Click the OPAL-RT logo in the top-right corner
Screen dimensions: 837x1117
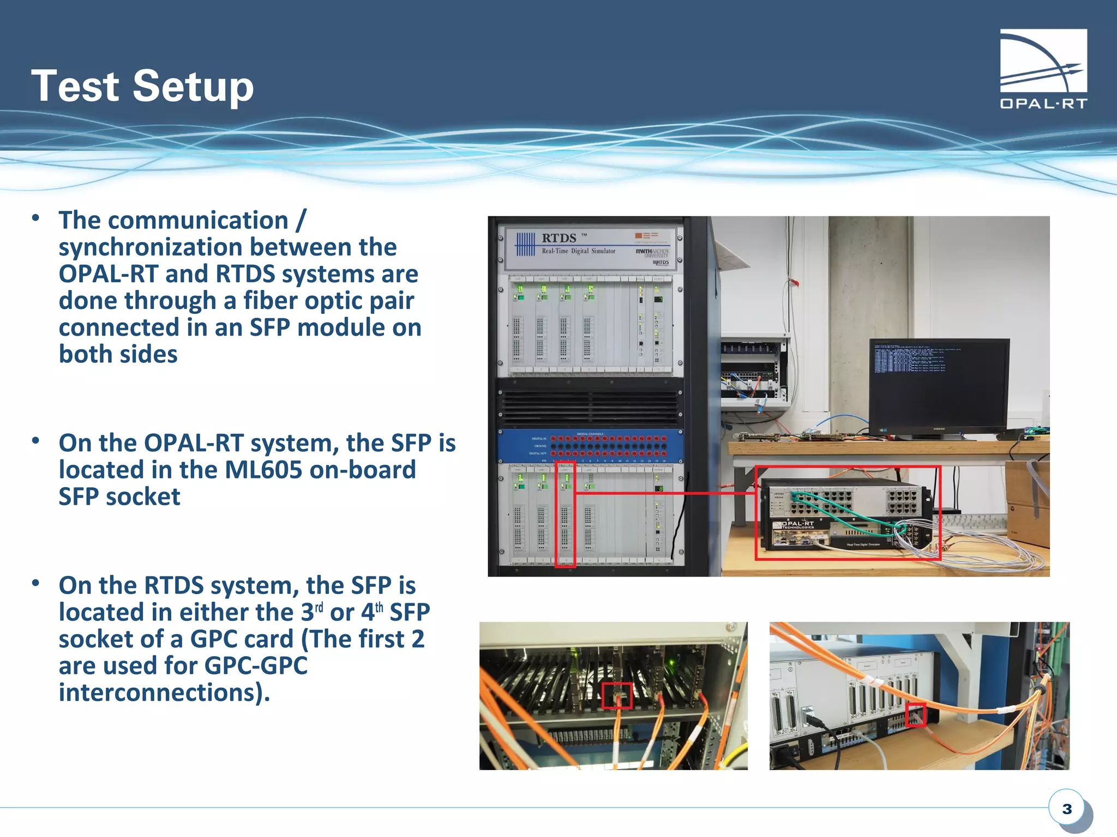(1043, 69)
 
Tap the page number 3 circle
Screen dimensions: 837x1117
(1067, 809)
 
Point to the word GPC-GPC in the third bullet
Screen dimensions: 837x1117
(256, 666)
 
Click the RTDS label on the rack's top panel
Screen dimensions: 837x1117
(559, 238)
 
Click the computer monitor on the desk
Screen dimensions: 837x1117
(938, 384)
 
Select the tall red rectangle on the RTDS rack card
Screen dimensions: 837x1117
(566, 514)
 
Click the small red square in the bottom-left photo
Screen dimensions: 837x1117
(617, 696)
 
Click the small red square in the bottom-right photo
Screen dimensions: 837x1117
(916, 715)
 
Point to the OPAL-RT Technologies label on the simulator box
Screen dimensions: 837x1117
(798, 525)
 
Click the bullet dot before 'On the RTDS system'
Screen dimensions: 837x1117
(36, 584)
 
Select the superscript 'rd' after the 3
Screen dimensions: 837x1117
(319, 607)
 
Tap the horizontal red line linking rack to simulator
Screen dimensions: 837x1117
(665, 493)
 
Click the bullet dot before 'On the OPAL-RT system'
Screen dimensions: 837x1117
(36, 441)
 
